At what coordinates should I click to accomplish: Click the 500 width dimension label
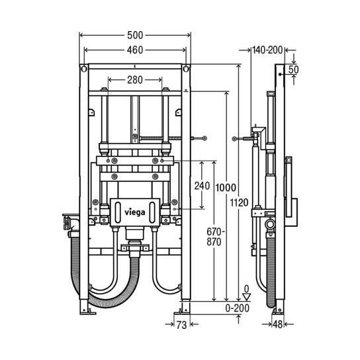[135, 34]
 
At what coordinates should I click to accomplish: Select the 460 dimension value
[135, 50]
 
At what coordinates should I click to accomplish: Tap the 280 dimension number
[135, 79]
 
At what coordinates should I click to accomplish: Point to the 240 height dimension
[202, 186]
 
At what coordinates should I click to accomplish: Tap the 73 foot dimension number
[181, 325]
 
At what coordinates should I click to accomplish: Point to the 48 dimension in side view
[278, 325]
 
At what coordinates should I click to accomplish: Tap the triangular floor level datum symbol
[246, 298]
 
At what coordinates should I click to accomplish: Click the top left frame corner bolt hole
[83, 69]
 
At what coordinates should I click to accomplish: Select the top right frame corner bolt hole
[187, 69]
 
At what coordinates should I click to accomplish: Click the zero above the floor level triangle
[246, 289]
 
